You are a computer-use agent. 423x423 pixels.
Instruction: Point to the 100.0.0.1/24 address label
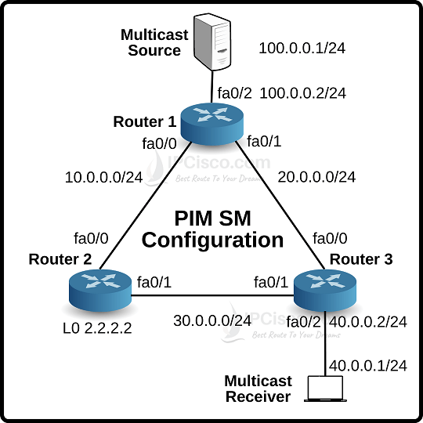coord(302,49)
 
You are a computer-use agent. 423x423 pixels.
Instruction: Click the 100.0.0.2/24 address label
coord(302,93)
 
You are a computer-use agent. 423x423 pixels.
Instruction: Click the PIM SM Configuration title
coord(212,228)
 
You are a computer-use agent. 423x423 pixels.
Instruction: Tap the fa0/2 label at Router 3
coord(305,321)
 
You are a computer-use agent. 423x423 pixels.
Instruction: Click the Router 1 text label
coord(145,121)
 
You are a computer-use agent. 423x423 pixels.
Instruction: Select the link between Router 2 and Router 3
coord(211,295)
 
